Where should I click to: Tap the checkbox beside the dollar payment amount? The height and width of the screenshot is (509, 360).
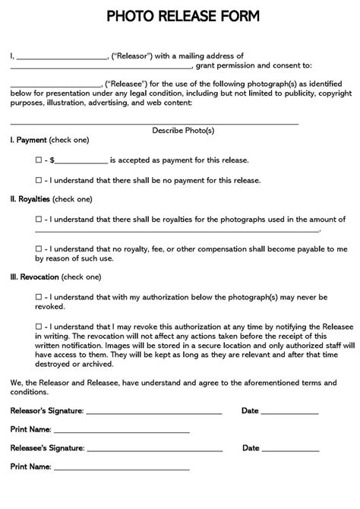(38, 161)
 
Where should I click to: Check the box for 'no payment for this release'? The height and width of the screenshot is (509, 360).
(38, 181)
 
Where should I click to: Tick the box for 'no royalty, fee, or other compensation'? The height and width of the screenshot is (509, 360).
(38, 248)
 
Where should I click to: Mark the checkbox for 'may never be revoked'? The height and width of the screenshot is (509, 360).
(38, 297)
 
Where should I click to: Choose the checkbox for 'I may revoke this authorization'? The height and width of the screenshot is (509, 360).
(38, 326)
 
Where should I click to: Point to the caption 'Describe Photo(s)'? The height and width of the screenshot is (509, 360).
(183, 131)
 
